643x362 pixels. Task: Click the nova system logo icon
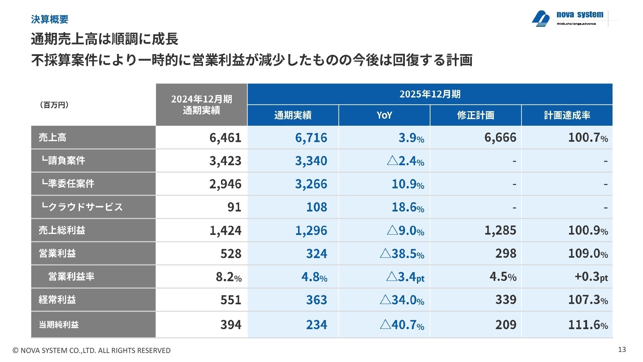click(541, 18)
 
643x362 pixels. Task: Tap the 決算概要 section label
click(50, 19)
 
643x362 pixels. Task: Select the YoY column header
click(384, 115)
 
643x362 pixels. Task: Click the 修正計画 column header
click(476, 115)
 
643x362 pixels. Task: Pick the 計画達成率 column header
click(567, 115)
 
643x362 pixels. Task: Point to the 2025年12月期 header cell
click(430, 94)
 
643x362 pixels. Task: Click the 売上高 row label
click(53, 137)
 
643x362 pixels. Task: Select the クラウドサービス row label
click(82, 207)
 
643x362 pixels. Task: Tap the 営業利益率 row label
click(71, 277)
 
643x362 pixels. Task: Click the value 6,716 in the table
click(311, 138)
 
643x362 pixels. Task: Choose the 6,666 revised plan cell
click(500, 138)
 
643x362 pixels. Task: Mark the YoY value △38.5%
click(402, 254)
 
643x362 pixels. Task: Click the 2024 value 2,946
click(225, 184)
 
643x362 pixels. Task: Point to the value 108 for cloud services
click(316, 207)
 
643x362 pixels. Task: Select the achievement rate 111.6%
click(588, 325)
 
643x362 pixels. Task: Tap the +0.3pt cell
click(591, 277)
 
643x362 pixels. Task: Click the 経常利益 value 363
click(316, 300)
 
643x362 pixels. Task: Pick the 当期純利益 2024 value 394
click(231, 325)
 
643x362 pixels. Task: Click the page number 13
click(622, 350)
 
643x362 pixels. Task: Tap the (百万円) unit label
click(54, 105)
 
